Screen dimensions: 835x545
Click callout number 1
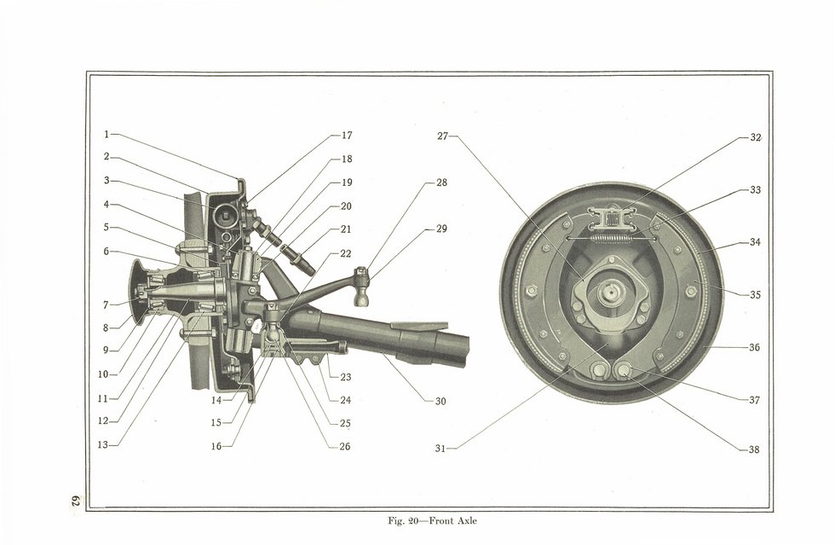pos(106,135)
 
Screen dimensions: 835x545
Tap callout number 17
pos(347,136)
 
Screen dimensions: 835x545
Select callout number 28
pos(441,183)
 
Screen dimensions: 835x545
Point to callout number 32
pos(756,137)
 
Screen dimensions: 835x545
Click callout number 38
pos(754,449)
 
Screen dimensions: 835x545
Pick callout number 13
pos(103,444)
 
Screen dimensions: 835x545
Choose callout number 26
pos(345,446)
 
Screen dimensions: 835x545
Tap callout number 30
pos(441,401)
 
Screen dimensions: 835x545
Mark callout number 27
pos(442,136)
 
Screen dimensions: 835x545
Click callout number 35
pos(755,294)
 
